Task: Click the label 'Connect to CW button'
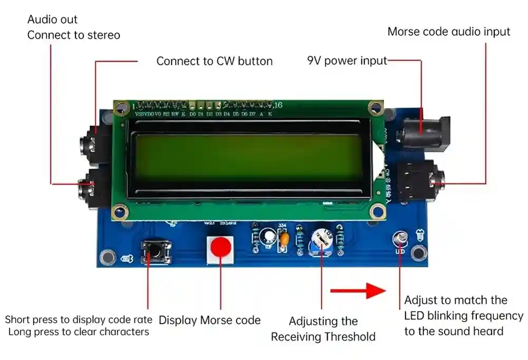pos(214,61)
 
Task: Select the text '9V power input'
pos(347,61)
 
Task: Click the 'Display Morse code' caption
pos(209,320)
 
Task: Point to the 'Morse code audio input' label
pos(448,32)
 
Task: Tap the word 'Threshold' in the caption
pos(350,337)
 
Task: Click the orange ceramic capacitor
pos(284,240)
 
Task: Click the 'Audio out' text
pos(52,20)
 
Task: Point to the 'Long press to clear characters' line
pos(79,332)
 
